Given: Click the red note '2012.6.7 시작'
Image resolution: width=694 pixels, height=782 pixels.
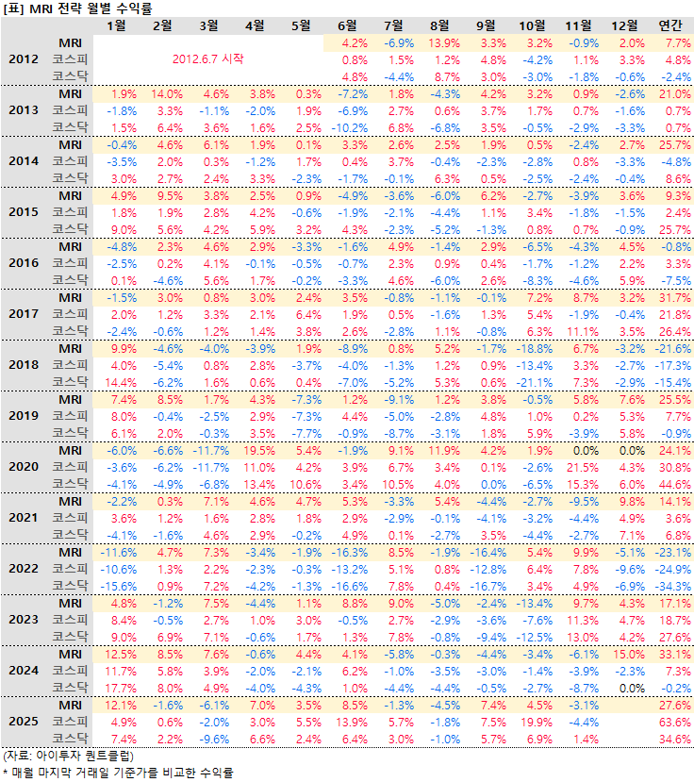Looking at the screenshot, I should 207,58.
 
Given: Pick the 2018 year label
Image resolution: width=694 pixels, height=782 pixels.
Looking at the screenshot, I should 23,365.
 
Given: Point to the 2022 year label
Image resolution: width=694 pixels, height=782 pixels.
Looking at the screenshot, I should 23,569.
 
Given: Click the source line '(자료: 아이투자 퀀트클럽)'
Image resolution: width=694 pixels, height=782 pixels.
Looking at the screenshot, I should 68,756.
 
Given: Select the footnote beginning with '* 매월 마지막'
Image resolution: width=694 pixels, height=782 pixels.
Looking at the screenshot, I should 117,772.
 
